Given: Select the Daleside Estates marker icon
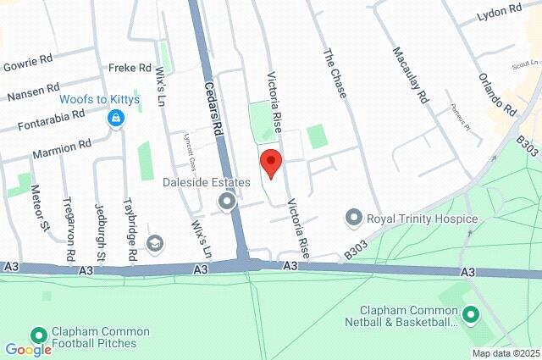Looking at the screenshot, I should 226,202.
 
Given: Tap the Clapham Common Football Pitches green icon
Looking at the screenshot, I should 39,335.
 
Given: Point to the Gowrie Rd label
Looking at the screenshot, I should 28,65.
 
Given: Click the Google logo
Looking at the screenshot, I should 28,349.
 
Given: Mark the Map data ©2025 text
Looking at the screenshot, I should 506,353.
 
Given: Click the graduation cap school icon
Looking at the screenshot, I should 155,244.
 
